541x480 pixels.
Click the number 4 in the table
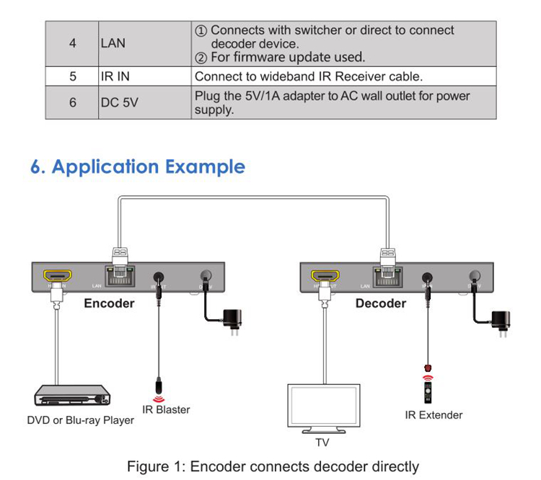pos(72,43)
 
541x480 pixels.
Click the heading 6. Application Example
pos(138,167)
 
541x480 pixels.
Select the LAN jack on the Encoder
pos(120,276)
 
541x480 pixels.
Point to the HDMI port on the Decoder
pos(325,276)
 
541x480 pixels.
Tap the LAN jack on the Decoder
pos(390,276)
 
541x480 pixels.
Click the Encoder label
pos(109,303)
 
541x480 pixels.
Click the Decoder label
pos(381,303)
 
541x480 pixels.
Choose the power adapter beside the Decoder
pos(501,319)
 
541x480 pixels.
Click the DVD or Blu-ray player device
pos(72,396)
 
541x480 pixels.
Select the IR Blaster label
pos(166,410)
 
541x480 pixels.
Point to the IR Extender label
pos(434,415)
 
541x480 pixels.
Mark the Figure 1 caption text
pos(273,466)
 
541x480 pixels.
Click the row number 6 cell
pos(72,103)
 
